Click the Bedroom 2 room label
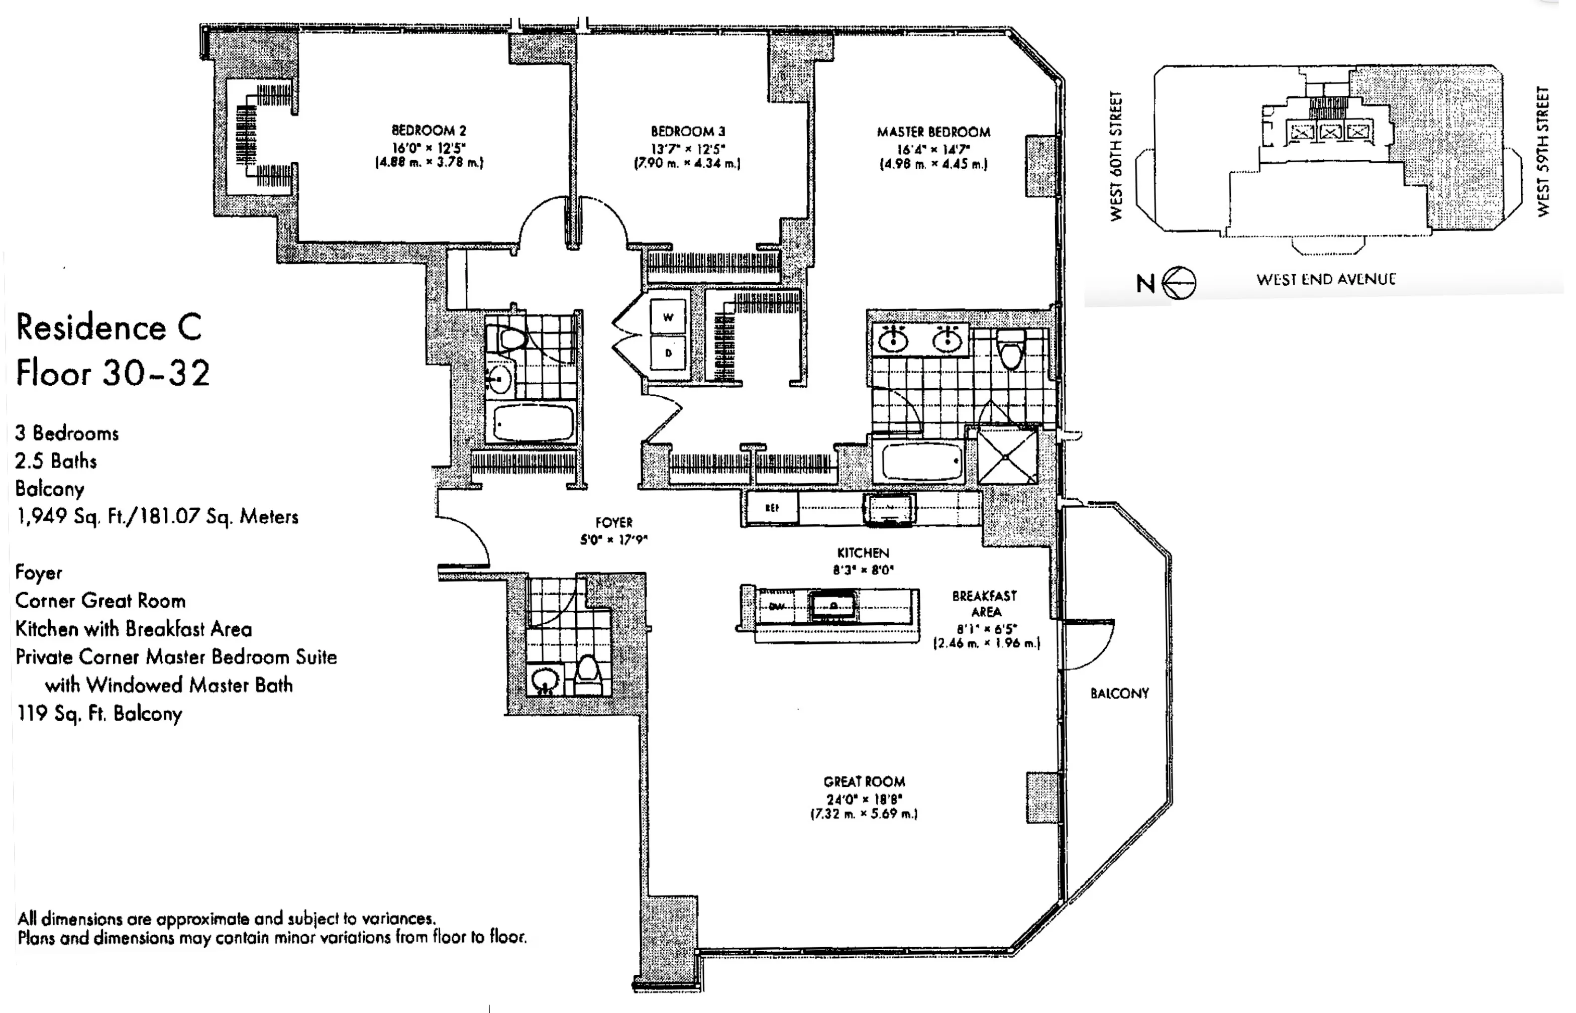429,130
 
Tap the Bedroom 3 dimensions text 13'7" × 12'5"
688,149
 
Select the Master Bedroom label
933,132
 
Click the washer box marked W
668,317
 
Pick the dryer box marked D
668,353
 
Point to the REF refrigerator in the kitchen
772,508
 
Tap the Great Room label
864,781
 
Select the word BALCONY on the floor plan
1119,693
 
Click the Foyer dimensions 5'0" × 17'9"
613,540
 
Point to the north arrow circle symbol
1179,283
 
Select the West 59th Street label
1543,152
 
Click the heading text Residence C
109,327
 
